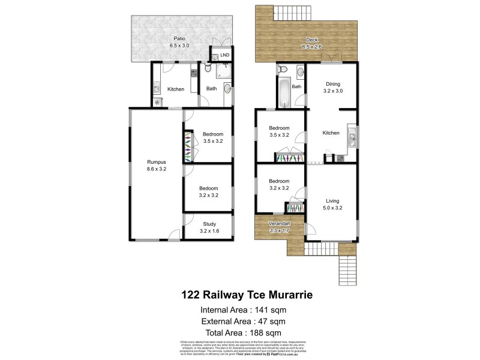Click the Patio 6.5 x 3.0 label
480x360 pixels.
click(176, 42)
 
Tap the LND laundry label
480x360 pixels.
click(224, 55)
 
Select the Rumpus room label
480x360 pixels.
click(157, 166)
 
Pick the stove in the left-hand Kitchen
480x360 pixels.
click(194, 74)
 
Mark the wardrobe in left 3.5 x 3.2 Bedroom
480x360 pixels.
click(188, 146)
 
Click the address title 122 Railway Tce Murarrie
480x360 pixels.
click(247, 295)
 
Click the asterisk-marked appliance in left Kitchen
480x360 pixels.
click(157, 102)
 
